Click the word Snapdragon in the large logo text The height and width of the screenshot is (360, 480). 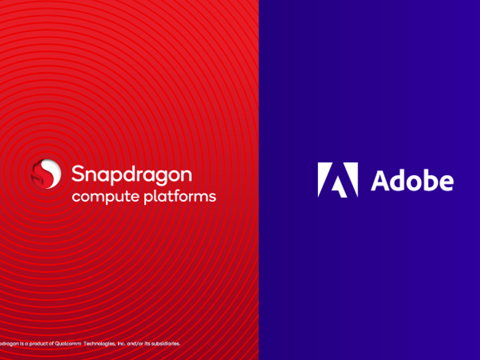click(x=131, y=174)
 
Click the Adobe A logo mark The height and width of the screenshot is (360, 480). click(x=338, y=179)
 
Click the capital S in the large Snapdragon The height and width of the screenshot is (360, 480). click(x=78, y=174)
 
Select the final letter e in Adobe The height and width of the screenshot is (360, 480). click(x=446, y=182)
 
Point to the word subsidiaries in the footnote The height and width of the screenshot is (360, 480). click(x=164, y=344)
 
